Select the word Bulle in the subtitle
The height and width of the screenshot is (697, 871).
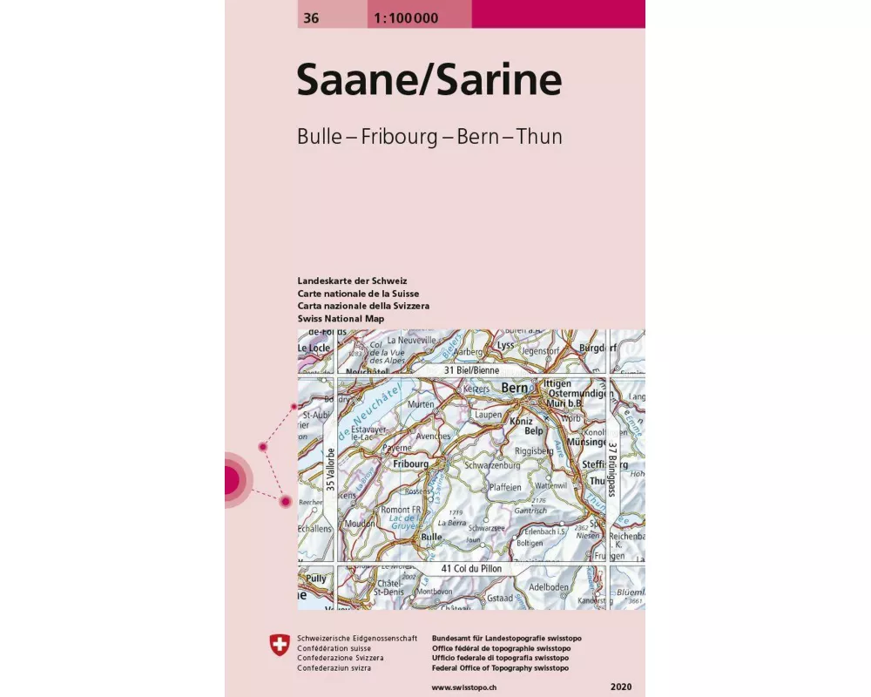click(321, 137)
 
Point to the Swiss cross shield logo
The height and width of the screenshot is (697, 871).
click(279, 644)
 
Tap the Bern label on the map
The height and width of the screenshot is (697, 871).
click(515, 388)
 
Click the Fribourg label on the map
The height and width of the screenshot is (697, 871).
click(409, 464)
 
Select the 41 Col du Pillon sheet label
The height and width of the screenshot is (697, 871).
click(473, 569)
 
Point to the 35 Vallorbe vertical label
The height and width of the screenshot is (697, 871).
click(329, 470)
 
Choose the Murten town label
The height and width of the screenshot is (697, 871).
click(421, 404)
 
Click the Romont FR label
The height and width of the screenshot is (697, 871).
click(401, 509)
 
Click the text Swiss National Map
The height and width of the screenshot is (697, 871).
click(341, 319)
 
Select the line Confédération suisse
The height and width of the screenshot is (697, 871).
click(334, 649)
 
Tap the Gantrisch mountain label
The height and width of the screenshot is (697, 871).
click(530, 511)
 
